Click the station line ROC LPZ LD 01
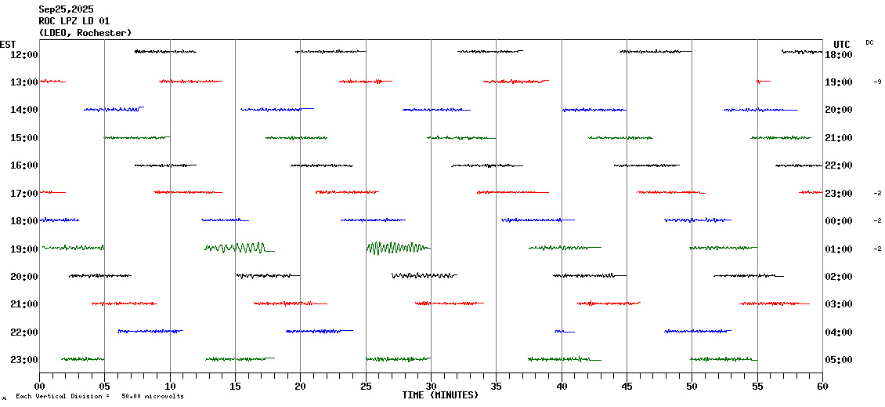(x=74, y=21)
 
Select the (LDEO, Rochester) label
(x=85, y=33)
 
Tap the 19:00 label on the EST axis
(x=23, y=249)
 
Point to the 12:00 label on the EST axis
(x=23, y=54)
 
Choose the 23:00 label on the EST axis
(x=23, y=360)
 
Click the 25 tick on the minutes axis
(x=366, y=387)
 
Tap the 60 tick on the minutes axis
(x=822, y=387)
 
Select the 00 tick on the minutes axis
(x=40, y=387)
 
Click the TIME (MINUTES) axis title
(x=440, y=395)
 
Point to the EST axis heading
(x=8, y=44)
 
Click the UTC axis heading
(x=842, y=44)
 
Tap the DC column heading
(x=869, y=42)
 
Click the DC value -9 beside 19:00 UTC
(x=878, y=82)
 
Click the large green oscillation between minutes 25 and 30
(x=397, y=249)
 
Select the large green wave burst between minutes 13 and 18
(x=238, y=248)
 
